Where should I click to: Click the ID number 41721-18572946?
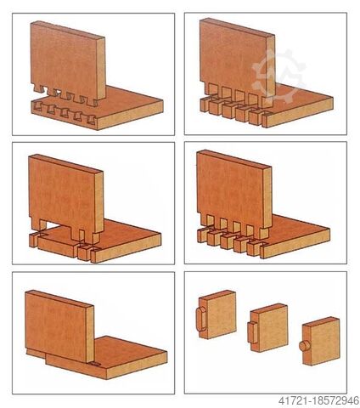coord(318,401)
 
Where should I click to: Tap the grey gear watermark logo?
coord(278,76)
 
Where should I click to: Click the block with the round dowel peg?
coord(321,341)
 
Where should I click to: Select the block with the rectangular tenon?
coord(267,328)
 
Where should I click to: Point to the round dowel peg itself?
coord(304,346)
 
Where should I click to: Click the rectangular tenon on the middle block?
coord(252,333)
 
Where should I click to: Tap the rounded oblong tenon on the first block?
coord(201,319)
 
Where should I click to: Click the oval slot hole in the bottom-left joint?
coord(95,364)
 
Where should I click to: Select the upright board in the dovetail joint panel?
coord(68,64)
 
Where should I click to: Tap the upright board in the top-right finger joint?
coord(237,63)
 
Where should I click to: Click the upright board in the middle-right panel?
coord(234,194)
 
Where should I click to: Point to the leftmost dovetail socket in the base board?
coord(38,107)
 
